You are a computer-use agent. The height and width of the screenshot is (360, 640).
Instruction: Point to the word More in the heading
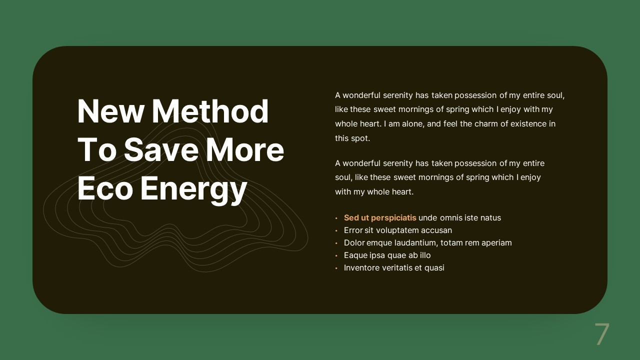click(x=245, y=150)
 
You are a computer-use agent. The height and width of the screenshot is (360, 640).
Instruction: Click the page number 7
click(x=602, y=334)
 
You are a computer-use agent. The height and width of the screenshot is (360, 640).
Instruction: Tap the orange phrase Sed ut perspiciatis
click(x=380, y=218)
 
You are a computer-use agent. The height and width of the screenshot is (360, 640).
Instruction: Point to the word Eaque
click(x=355, y=255)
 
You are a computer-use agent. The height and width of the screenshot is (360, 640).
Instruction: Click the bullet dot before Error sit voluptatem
click(x=336, y=231)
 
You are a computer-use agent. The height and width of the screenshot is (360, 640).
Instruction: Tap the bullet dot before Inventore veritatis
click(x=336, y=268)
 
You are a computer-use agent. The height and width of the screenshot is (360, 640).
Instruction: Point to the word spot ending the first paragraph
click(x=360, y=138)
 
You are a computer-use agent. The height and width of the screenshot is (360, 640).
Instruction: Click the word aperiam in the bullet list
click(x=496, y=243)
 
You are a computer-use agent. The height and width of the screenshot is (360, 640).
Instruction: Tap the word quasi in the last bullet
click(x=434, y=268)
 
